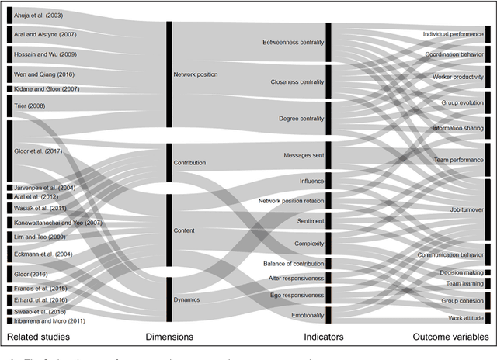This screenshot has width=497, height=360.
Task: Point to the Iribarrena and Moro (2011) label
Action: (x=47, y=320)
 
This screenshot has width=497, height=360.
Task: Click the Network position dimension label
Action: (x=196, y=74)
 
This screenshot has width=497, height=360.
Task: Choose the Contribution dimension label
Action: (x=189, y=163)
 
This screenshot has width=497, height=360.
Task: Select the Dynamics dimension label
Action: (x=187, y=299)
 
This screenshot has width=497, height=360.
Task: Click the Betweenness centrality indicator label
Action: (x=293, y=42)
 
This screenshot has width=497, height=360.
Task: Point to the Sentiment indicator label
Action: (x=308, y=221)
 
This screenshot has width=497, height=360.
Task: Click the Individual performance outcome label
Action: (x=452, y=36)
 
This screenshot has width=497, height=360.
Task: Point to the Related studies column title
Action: (x=38, y=337)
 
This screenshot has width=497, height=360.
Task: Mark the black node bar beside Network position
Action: (x=169, y=74)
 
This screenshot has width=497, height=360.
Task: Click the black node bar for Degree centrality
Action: (x=328, y=118)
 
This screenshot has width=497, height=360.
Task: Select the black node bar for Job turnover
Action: (x=488, y=209)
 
